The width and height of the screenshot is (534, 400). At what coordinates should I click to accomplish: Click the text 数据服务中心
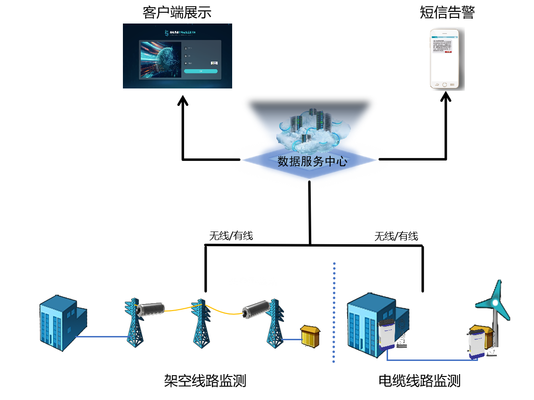pos(312,161)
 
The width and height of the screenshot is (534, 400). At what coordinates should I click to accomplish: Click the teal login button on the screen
pos(201,71)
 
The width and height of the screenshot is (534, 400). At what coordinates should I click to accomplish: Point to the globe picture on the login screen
pos(161,60)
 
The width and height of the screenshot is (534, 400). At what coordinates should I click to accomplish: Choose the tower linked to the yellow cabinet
pos(275,325)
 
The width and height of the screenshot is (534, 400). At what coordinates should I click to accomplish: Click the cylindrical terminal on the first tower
pos(150,308)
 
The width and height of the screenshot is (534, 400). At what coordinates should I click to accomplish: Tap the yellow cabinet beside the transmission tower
pos(310,336)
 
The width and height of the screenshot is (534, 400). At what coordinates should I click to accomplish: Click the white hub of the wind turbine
pos(495,302)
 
